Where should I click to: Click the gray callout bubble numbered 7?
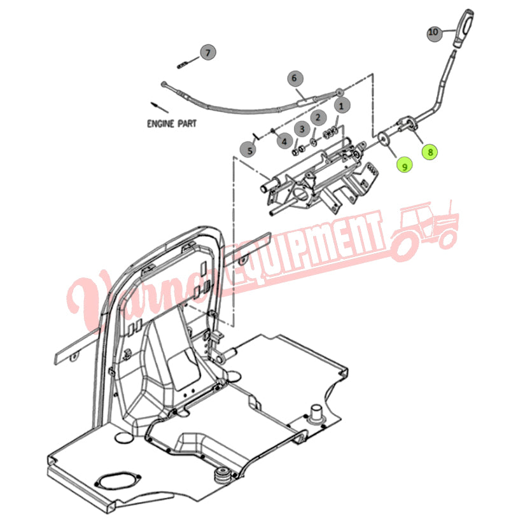208,52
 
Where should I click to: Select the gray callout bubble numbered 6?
295,78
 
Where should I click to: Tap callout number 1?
342,106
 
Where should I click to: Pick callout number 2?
318,118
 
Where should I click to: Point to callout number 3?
302,129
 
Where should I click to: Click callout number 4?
284,142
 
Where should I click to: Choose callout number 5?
249,150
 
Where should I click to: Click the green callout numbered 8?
430,152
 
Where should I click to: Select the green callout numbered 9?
405,166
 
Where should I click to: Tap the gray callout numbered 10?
434,32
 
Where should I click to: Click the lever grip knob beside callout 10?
464,28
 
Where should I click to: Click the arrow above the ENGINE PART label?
160,108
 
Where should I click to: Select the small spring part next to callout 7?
183,66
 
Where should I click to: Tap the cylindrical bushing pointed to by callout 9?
386,138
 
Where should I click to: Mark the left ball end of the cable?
164,84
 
